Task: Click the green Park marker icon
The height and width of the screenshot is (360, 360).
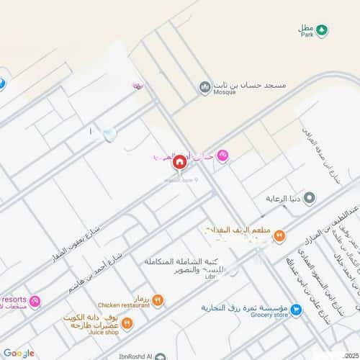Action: tap(323, 30)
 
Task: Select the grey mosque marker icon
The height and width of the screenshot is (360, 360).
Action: tap(205, 87)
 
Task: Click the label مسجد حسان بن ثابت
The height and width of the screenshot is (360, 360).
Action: tap(248, 85)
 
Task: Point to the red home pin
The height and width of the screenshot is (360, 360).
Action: tap(179, 163)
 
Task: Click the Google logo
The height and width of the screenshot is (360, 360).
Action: tap(18, 353)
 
